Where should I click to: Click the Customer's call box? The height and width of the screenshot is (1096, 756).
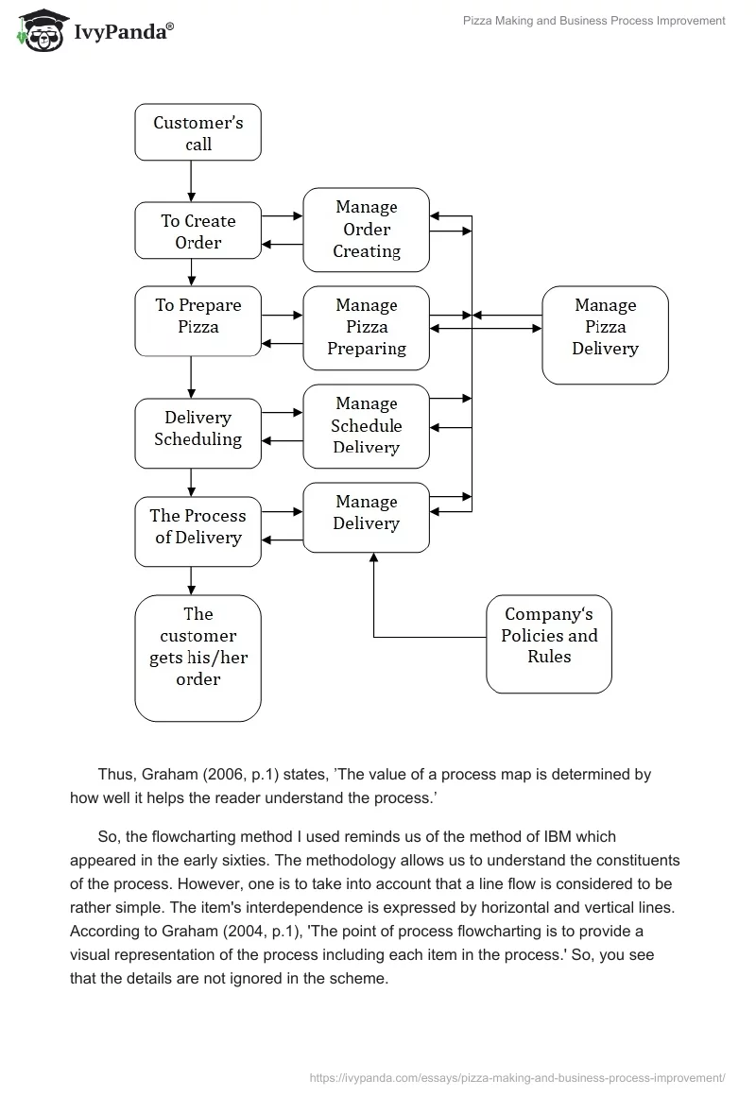pyautogui.click(x=198, y=132)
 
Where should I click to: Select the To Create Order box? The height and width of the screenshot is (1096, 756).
pyautogui.click(x=198, y=231)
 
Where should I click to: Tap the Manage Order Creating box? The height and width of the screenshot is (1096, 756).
pyautogui.click(x=366, y=230)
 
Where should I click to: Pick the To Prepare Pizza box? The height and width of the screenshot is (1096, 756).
pyautogui.click(x=198, y=321)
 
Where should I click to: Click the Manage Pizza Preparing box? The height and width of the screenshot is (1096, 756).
pyautogui.click(x=366, y=327)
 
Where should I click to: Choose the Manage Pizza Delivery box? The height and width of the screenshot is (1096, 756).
pyautogui.click(x=605, y=335)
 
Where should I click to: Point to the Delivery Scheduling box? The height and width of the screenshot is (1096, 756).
pyautogui.click(x=198, y=433)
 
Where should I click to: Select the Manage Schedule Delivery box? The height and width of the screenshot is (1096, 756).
pyautogui.click(x=366, y=426)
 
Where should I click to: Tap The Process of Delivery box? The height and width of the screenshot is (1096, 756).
pyautogui.click(x=198, y=531)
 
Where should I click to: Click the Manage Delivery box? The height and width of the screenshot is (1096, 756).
pyautogui.click(x=366, y=517)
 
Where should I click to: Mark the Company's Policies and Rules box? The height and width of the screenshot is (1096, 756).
pyautogui.click(x=549, y=643)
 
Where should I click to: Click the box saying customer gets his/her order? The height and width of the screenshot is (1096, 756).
pyautogui.click(x=198, y=658)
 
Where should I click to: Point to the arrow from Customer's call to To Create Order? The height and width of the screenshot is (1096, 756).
pyautogui.click(x=192, y=181)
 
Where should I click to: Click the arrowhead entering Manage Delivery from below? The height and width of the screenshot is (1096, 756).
pyautogui.click(x=373, y=558)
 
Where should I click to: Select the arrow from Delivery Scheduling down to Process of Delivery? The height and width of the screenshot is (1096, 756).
pyautogui.click(x=192, y=483)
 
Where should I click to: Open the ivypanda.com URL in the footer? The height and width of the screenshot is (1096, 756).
pyautogui.click(x=518, y=1077)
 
